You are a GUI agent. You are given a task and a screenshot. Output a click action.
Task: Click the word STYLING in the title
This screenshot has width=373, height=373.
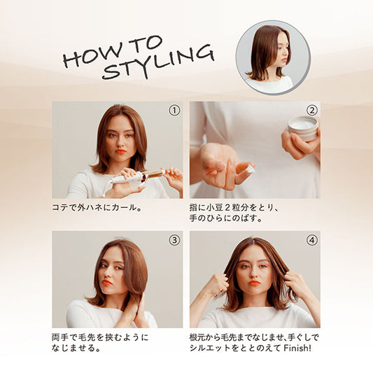click(158, 62)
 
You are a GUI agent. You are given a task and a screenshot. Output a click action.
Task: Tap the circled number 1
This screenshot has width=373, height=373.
click(174, 111)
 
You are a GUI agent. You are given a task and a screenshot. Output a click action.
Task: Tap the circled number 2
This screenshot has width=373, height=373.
click(311, 111)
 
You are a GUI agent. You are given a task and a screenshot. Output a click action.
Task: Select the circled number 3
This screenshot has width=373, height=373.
click(174, 240)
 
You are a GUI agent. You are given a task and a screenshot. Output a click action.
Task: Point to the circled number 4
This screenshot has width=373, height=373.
click(311, 240)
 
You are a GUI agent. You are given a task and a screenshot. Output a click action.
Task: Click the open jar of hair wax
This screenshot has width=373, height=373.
click(303, 129)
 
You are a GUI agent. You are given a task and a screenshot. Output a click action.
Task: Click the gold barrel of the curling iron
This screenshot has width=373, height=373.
click(153, 175)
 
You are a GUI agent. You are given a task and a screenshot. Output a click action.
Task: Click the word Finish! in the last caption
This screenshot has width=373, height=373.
click(297, 349)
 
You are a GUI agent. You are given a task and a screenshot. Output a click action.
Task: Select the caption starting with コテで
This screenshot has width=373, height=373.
click(97, 208)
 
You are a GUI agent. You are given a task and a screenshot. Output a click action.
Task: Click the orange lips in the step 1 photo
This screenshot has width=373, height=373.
click(120, 151)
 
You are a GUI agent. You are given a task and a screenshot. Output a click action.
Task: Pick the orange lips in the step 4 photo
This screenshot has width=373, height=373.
click(254, 283)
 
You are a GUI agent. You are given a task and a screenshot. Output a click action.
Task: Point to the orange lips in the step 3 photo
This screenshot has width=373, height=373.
click(107, 282)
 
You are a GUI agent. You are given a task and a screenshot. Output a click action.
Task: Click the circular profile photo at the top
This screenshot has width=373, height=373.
click(273, 57)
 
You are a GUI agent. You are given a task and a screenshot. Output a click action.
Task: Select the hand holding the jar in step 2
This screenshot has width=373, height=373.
click(300, 144)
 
